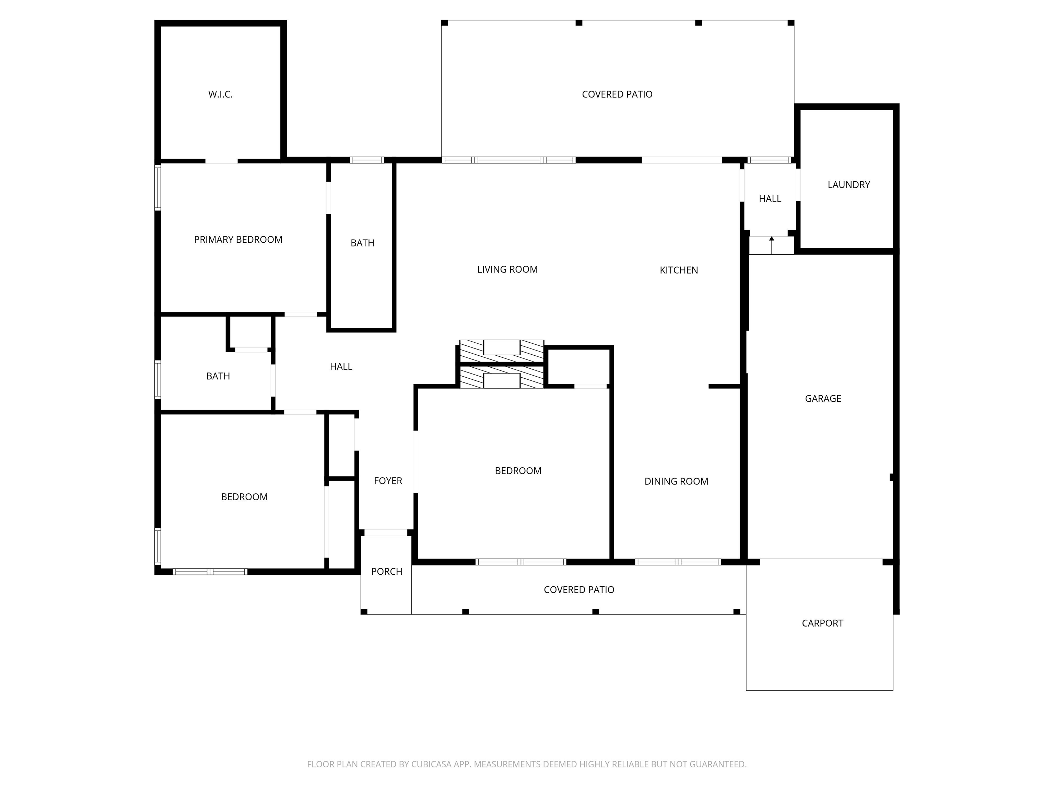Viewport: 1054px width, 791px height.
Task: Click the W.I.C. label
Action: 220,94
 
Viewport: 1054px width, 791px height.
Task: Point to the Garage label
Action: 822,398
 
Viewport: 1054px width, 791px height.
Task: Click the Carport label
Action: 822,623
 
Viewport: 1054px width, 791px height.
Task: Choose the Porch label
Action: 386,571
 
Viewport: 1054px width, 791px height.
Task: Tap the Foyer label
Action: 387,481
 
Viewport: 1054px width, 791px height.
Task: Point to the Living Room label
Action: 507,270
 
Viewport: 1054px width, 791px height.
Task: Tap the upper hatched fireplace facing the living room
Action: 501,351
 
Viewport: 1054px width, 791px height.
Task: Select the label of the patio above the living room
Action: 617,94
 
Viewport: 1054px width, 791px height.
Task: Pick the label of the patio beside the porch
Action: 578,589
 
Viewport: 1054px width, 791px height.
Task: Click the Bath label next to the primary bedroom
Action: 362,243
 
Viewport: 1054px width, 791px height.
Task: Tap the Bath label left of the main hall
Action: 218,376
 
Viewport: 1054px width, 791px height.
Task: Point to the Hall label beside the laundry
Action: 770,198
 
